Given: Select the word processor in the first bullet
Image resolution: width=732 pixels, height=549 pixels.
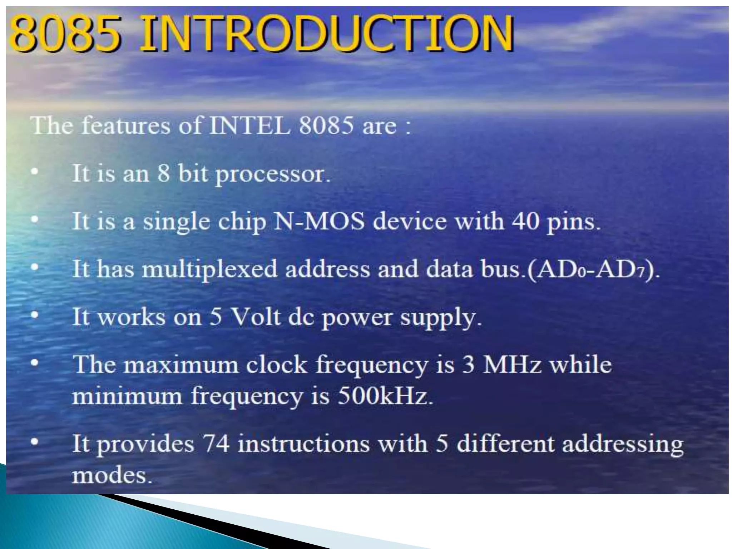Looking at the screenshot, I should [x=273, y=174].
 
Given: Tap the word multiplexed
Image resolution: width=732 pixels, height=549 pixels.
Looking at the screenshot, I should [x=209, y=269].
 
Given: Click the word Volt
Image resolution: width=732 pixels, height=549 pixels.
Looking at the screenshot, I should [x=255, y=317].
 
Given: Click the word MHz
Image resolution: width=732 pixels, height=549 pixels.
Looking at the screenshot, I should [x=511, y=365].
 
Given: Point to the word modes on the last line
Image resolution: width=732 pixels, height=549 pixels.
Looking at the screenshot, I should [x=112, y=476].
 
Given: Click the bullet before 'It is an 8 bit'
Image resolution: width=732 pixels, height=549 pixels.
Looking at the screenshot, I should [x=34, y=172].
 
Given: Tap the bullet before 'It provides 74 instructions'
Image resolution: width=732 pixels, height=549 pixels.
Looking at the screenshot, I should [x=34, y=442].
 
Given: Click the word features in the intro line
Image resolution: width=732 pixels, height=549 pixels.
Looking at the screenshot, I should [x=126, y=125].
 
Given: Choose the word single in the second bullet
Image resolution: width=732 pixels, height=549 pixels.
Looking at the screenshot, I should [x=176, y=222].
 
